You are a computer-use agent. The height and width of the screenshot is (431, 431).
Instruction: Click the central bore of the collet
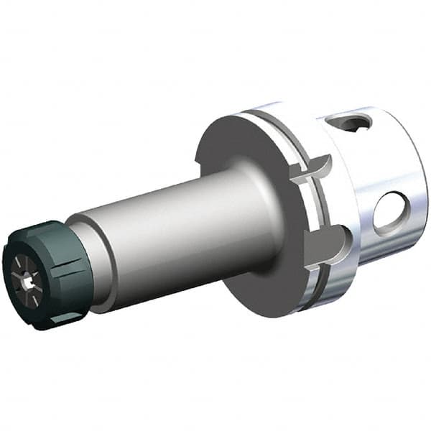coord(28,283)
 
